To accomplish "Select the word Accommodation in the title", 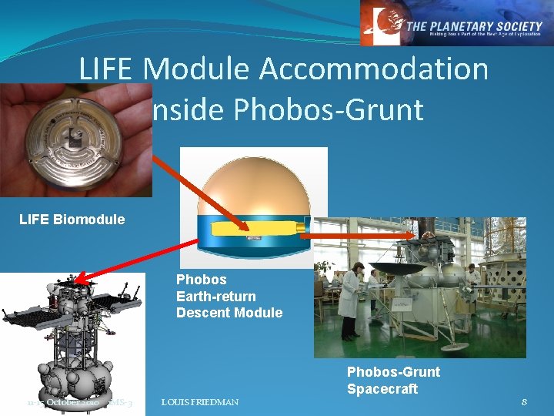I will click(x=375, y=69).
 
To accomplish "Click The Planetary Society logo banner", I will click(x=456, y=23).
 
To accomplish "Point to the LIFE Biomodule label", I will click(x=72, y=220).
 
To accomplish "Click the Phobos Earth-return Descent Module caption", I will click(x=229, y=296).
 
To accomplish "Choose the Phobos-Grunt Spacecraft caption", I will click(x=393, y=381).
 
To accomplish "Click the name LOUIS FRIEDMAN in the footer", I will click(x=200, y=402).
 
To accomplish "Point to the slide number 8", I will click(x=524, y=402).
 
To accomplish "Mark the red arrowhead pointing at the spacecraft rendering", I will click(x=84, y=279).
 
